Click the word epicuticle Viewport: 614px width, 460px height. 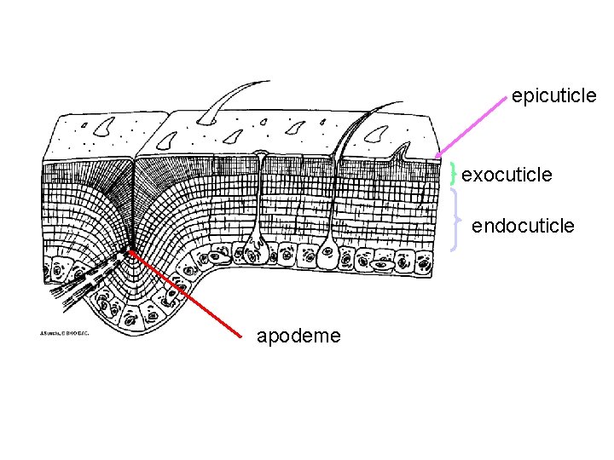tap(553, 96)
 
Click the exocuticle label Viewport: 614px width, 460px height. tap(507, 175)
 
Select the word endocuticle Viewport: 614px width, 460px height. tap(523, 226)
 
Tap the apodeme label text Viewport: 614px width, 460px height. tap(298, 336)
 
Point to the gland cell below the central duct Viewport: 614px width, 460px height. tap(253, 250)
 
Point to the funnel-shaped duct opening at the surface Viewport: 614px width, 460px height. tap(263, 158)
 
